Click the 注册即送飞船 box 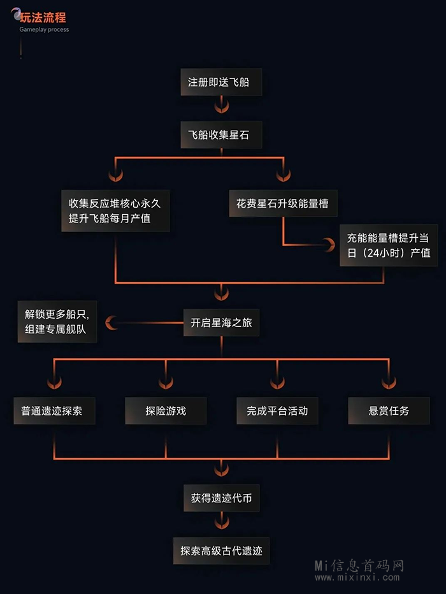click(x=221, y=83)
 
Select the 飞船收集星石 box click(x=221, y=135)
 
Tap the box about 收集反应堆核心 click(x=115, y=211)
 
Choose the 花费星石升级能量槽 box click(x=283, y=205)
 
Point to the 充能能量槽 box click(x=388, y=245)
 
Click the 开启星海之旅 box click(x=221, y=322)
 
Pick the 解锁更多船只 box click(x=57, y=322)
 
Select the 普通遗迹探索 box click(x=55, y=411)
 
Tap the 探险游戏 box click(x=166, y=411)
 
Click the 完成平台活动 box click(x=277, y=411)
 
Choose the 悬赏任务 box click(x=389, y=411)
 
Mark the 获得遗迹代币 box click(x=221, y=498)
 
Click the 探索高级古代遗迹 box click(x=221, y=550)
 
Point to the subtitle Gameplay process click(x=44, y=30)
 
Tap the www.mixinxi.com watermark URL click(x=360, y=578)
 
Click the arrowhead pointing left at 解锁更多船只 click(x=112, y=323)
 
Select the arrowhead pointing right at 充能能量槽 click(x=329, y=245)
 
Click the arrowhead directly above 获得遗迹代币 click(x=221, y=470)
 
